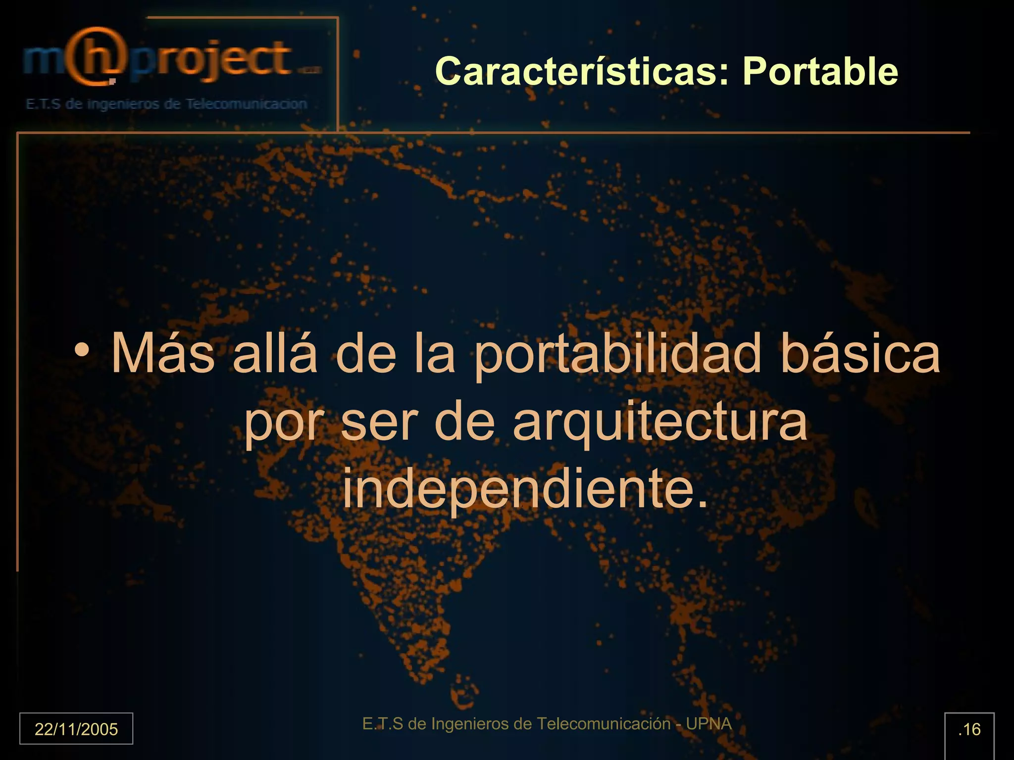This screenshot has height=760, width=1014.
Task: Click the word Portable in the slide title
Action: (x=820, y=72)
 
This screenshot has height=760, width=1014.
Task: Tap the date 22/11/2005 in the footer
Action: (x=76, y=729)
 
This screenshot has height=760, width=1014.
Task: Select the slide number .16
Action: (x=969, y=729)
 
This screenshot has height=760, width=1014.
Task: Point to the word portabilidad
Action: (x=617, y=354)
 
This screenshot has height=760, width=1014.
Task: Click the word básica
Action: (x=860, y=353)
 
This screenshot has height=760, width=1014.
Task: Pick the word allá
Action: (x=275, y=353)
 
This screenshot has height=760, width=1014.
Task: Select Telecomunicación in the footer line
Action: (x=604, y=724)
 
